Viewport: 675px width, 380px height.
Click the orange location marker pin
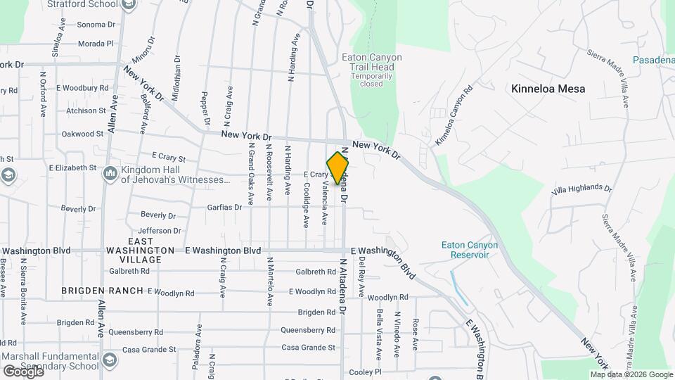click(337, 167)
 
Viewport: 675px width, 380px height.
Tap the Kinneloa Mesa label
click(548, 89)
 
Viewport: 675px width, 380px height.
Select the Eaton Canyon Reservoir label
click(469, 250)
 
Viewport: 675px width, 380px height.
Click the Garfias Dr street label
click(224, 208)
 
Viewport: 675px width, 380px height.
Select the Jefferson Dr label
click(160, 231)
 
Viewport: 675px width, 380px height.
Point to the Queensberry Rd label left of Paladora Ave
click(139, 332)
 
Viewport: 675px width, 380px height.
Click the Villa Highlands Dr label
click(581, 189)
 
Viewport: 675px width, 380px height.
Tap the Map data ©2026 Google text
click(631, 374)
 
